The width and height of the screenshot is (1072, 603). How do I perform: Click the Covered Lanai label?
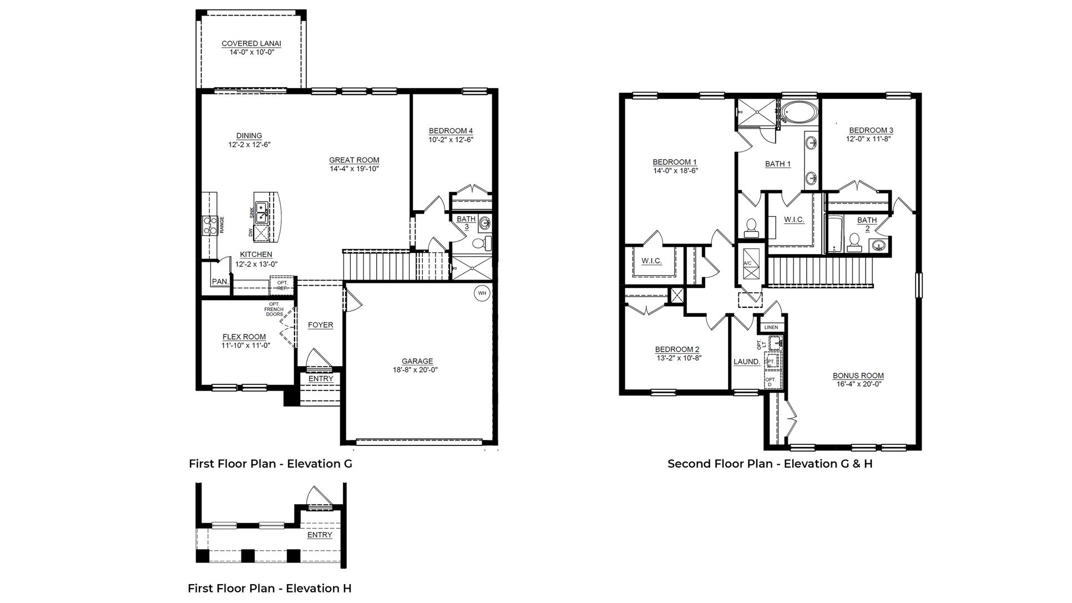pyautogui.click(x=251, y=43)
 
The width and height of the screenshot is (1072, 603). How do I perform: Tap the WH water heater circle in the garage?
pyautogui.click(x=482, y=293)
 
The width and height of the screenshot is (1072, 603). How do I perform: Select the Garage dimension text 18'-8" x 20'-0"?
pyautogui.click(x=417, y=370)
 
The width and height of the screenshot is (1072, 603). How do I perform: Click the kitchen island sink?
pyautogui.click(x=262, y=212)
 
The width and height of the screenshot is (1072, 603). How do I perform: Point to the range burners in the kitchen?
pyautogui.click(x=210, y=225)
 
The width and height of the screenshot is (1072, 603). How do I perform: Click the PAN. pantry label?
pyautogui.click(x=220, y=282)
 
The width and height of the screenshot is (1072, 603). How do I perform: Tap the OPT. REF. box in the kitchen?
pyautogui.click(x=282, y=285)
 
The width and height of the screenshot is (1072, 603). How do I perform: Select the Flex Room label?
pyautogui.click(x=244, y=337)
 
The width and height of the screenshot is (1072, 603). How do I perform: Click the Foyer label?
pyautogui.click(x=320, y=325)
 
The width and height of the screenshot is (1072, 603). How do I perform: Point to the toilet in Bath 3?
pyautogui.click(x=482, y=243)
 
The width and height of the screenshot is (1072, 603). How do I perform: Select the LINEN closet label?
pyautogui.click(x=771, y=328)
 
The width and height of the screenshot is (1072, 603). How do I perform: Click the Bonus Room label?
pyautogui.click(x=858, y=376)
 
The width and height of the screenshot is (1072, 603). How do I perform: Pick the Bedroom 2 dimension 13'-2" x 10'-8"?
pyautogui.click(x=677, y=358)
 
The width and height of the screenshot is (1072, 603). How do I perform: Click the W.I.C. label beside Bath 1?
pyautogui.click(x=794, y=220)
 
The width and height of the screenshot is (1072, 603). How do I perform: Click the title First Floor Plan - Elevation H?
pyautogui.click(x=270, y=589)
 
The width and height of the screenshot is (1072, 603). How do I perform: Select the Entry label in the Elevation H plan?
pyautogui.click(x=320, y=535)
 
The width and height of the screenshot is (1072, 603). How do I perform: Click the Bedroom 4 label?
pyautogui.click(x=451, y=131)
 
